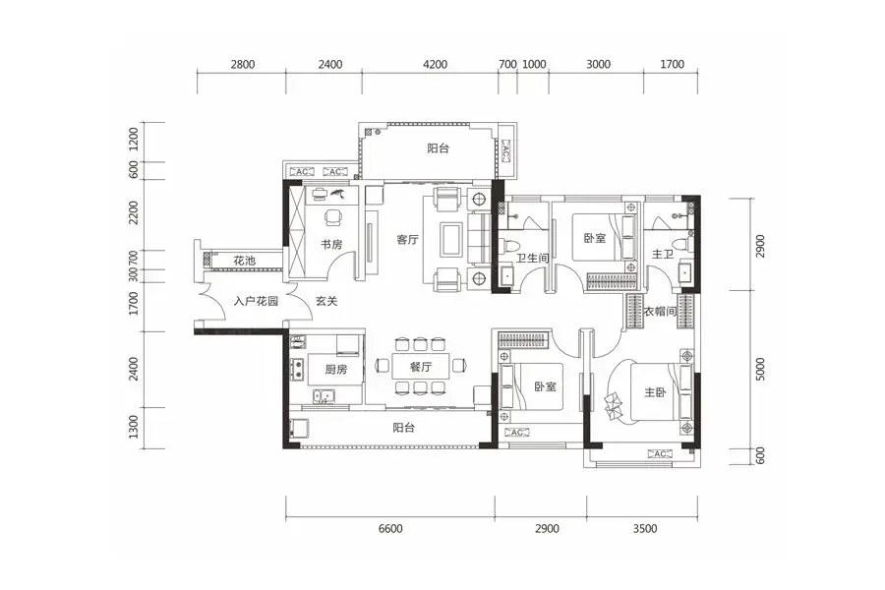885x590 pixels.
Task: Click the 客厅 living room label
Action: (x=407, y=239)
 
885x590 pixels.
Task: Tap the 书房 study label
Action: (x=331, y=245)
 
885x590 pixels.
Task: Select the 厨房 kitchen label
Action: (x=336, y=370)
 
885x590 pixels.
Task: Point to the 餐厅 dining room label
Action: (x=421, y=367)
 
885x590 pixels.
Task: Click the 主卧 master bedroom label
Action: (x=655, y=391)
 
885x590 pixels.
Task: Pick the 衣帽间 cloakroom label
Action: (x=661, y=311)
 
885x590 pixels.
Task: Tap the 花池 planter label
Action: (x=245, y=261)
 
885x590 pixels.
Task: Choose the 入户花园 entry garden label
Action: (x=257, y=301)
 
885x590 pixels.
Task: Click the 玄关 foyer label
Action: (x=326, y=301)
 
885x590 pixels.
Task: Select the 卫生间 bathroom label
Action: (x=532, y=258)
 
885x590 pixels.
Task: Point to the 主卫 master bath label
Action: (x=663, y=255)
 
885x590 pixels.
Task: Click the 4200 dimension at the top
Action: (x=435, y=64)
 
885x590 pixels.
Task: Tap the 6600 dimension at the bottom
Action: (x=390, y=529)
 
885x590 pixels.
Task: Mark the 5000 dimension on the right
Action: (x=760, y=370)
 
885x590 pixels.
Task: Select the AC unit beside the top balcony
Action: (x=505, y=150)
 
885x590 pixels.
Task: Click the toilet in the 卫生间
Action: (x=508, y=246)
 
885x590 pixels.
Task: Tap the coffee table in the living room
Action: (x=451, y=240)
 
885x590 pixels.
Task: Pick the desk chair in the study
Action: (x=333, y=216)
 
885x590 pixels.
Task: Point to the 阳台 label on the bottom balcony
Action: (x=403, y=428)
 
